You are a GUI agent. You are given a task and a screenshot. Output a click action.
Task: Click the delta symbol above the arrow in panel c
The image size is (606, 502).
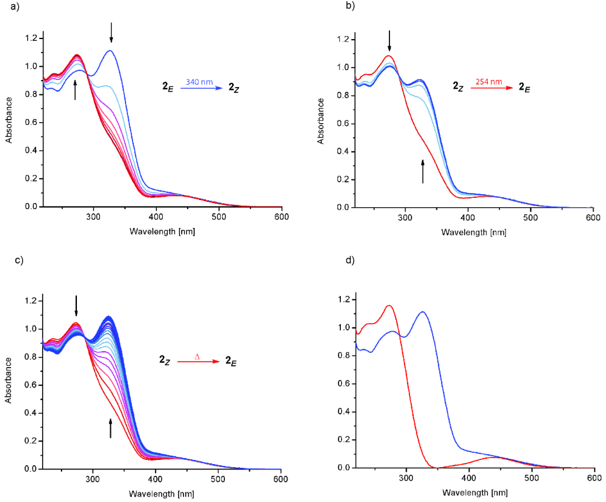pos(197,356)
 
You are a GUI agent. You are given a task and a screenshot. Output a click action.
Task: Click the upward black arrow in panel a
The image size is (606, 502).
pos(75,91)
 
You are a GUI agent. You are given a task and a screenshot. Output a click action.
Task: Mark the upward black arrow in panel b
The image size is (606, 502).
pos(423,171)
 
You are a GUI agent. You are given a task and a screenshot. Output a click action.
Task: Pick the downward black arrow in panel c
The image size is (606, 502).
pos(76,305)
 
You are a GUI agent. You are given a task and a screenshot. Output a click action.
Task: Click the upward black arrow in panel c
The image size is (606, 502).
pos(110,428)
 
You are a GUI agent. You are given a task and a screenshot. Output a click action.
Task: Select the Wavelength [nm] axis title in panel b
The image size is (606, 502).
pos(473,232)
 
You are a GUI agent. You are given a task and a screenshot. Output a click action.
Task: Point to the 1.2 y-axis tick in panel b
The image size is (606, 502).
pos(339,40)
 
